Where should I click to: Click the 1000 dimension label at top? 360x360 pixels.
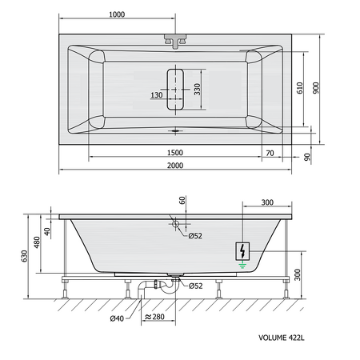tap(117, 14)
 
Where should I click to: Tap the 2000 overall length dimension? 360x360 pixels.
tap(175, 166)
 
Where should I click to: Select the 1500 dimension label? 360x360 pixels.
tap(175, 153)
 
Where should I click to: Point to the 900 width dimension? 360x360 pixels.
tap(316, 88)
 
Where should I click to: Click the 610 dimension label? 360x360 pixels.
tap(300, 88)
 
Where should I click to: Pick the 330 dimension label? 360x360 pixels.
tap(197, 90)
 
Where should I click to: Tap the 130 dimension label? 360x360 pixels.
tap(157, 95)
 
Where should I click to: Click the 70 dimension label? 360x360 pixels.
tap(270, 153)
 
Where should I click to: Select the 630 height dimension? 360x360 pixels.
tap(25, 256)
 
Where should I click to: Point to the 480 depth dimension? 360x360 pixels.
tap(37, 242)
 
